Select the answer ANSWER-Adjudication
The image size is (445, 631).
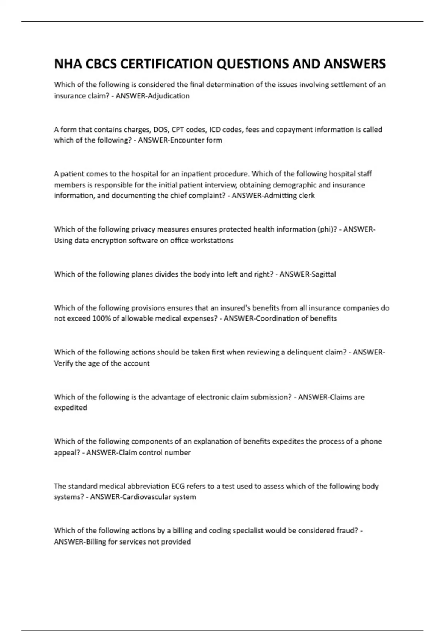(x=152, y=96)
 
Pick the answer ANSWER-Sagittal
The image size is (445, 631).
(x=307, y=274)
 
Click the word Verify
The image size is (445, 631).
(x=63, y=363)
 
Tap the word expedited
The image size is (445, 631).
(x=70, y=408)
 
